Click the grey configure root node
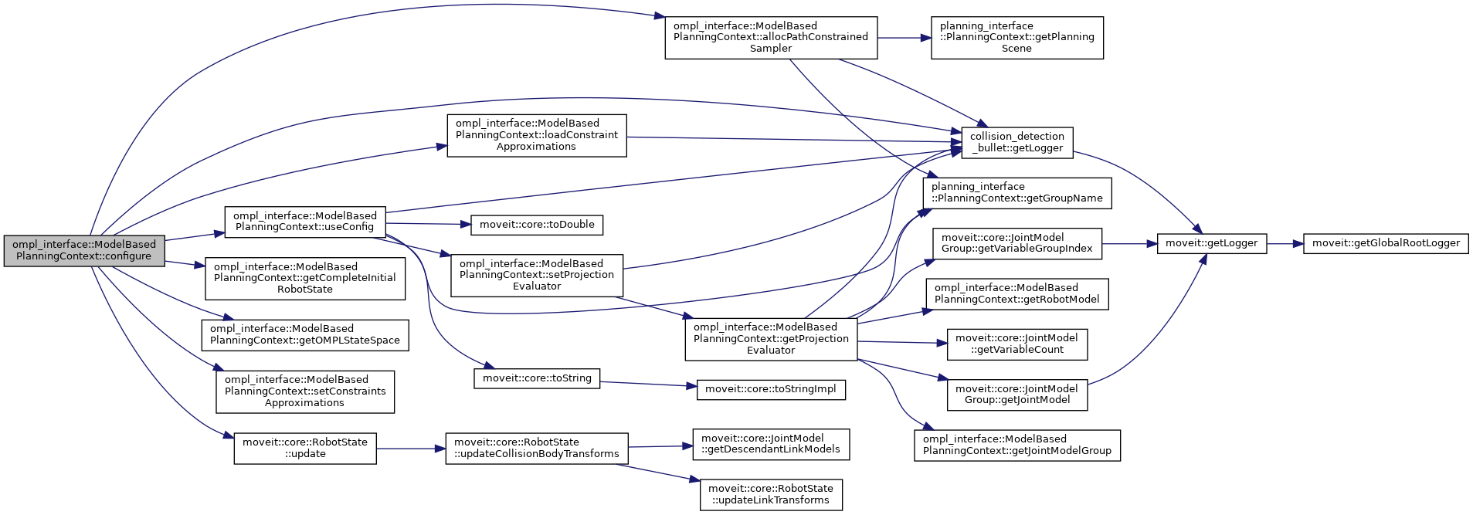[84, 250]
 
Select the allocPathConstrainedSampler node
[771, 37]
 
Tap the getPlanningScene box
[1017, 37]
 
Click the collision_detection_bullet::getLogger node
[1017, 142]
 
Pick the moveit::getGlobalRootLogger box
[1386, 243]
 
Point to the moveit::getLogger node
[1211, 243]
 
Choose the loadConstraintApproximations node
[536, 135]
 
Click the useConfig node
[304, 222]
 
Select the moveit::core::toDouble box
[537, 225]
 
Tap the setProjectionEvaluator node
[537, 275]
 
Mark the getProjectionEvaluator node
[771, 339]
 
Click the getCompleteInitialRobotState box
[305, 278]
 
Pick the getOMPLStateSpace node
[305, 334]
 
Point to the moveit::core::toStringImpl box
[771, 389]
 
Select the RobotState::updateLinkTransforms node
[771, 494]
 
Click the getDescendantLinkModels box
[771, 444]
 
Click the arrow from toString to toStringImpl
[648, 384]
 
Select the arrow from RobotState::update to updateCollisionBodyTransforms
[410, 449]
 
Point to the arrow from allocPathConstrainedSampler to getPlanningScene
[904, 37]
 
